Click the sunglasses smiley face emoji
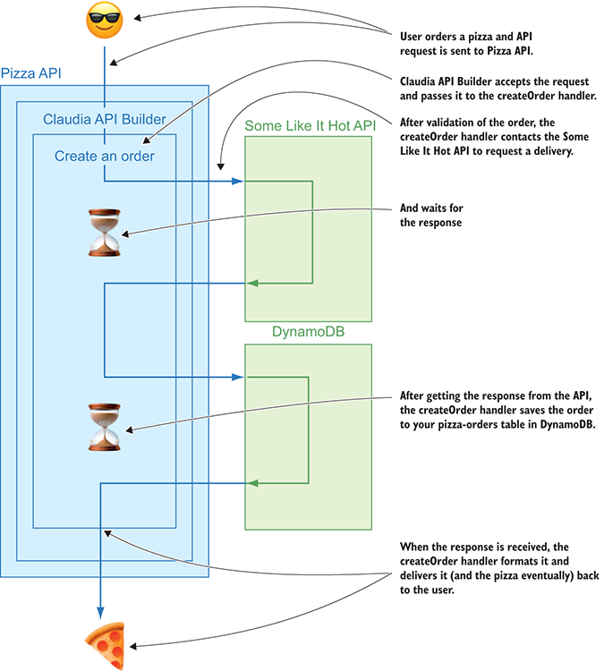point(105,22)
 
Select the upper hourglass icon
point(105,234)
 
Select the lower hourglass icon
point(105,427)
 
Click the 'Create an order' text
point(104,156)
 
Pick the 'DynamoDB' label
point(309,332)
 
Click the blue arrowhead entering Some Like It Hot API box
point(239,182)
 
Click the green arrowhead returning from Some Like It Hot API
point(252,284)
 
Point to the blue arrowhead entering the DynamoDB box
point(239,377)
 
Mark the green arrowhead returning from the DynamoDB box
point(252,483)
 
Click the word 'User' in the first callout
point(413,38)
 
